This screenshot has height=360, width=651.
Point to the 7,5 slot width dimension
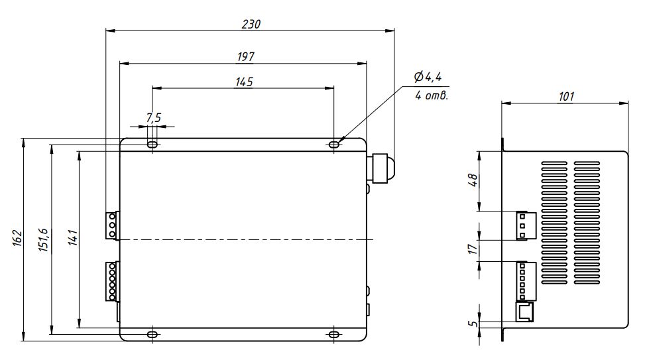[x=153, y=118]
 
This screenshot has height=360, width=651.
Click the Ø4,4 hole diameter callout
[x=428, y=78]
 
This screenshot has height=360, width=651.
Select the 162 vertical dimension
[x=17, y=239]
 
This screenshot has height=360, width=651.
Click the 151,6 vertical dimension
[x=44, y=239]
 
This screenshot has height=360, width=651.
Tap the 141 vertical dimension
[x=72, y=239]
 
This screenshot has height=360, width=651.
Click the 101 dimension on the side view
[x=565, y=96]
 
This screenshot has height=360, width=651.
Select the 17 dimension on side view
[x=472, y=250]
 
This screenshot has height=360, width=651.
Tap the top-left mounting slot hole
[x=153, y=144]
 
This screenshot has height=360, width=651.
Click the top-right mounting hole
[x=334, y=143]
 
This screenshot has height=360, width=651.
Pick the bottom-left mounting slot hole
[x=153, y=335]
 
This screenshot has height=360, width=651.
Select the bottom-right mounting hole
[x=334, y=335]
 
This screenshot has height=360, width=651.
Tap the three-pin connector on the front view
[x=112, y=225]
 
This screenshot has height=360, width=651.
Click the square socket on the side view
[x=524, y=311]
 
